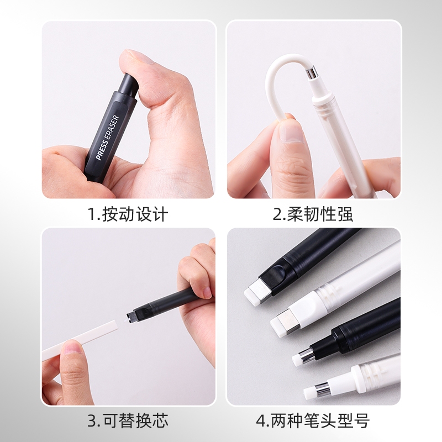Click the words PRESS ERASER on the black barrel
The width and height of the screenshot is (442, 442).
coord(107,138)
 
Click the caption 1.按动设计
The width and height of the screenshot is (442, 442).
coord(128,214)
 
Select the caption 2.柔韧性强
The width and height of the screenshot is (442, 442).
coord(313,214)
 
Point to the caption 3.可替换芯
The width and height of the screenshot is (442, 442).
coord(128,421)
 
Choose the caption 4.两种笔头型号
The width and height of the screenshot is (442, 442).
coord(313,421)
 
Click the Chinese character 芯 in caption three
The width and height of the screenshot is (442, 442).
coord(159,421)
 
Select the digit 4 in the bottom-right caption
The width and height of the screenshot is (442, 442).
coord(260,421)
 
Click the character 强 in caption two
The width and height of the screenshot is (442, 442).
coord(344,214)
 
